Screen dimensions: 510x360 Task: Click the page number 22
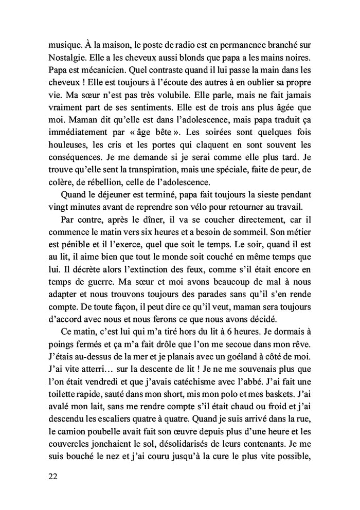[x=50, y=477]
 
